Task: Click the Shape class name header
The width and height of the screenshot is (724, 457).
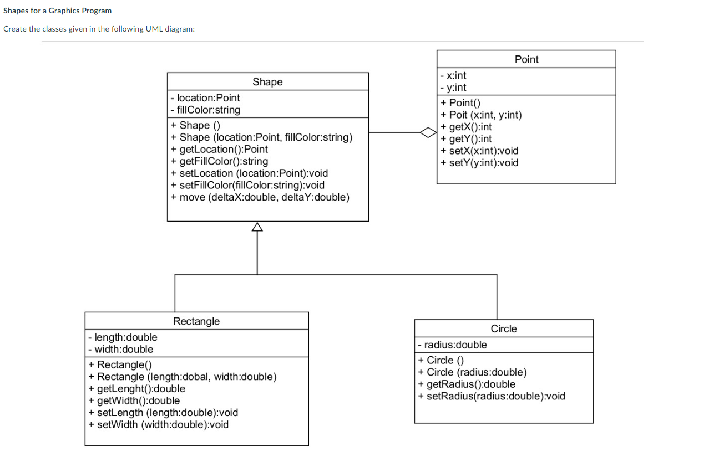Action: point(267,82)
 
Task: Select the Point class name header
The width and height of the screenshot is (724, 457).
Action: point(526,59)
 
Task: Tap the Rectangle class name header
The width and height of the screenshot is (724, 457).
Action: point(196,321)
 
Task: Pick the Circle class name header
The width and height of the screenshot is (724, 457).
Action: point(503,328)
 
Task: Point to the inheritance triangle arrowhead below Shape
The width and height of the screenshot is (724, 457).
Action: point(257,227)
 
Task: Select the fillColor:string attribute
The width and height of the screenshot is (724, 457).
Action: point(206,110)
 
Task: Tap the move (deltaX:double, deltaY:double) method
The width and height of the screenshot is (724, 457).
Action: point(260,197)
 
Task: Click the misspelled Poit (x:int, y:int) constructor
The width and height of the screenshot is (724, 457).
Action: point(481,115)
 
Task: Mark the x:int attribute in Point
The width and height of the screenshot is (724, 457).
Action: point(453,75)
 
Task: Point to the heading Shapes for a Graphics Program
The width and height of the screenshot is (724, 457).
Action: point(58,11)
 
